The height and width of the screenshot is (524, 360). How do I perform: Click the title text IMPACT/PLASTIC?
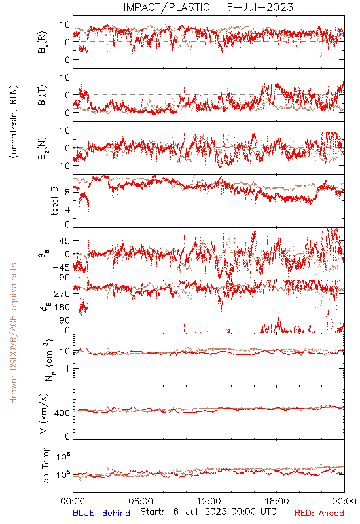point(166,7)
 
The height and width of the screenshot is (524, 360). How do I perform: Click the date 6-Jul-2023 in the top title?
point(260,7)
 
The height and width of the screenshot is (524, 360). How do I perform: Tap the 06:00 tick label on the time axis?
point(141,501)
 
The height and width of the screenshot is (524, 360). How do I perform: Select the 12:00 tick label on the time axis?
point(209,501)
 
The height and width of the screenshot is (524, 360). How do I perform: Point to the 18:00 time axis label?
point(277,501)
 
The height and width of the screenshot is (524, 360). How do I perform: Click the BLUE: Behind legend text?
point(101,513)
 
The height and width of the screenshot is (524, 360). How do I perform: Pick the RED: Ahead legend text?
point(319,513)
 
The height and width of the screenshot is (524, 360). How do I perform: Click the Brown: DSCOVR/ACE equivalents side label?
point(13,333)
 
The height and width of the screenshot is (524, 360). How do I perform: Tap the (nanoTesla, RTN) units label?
point(14,122)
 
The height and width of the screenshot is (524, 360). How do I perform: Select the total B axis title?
point(54,201)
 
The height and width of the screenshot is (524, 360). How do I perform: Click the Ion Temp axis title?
point(45,466)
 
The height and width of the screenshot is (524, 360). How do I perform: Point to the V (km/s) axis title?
point(44,413)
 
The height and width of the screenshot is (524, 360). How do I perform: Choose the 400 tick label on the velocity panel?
point(62,413)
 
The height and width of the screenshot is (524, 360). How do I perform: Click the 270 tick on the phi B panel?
point(62,293)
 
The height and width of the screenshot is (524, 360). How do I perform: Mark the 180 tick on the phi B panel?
point(62,307)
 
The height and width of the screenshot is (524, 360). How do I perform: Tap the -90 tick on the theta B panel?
point(61,278)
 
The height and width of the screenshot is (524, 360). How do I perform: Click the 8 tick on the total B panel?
point(67,193)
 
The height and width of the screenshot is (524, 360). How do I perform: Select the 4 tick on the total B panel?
point(67,210)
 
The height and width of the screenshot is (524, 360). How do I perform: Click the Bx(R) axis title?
point(43,43)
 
